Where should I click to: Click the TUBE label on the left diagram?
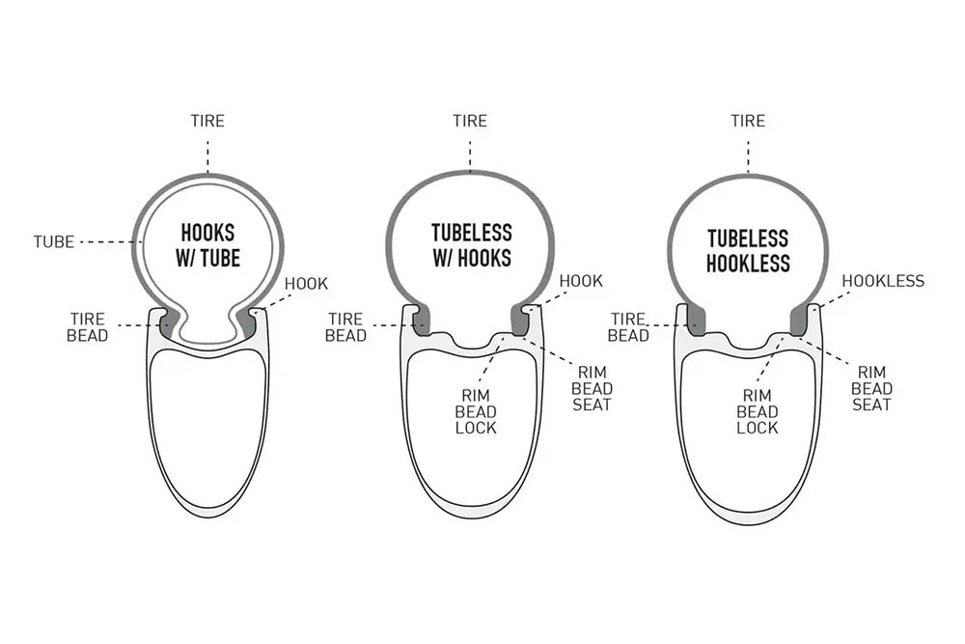53,242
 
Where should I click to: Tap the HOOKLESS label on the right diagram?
883,281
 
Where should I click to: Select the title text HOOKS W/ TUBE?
208,245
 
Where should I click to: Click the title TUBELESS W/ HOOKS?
472,245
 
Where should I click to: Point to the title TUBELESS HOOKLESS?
748,251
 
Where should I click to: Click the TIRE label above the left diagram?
207,121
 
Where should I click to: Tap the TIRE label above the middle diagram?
470,121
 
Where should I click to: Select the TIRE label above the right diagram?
748,121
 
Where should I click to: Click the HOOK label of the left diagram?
306,284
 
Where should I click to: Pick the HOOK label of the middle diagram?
581,281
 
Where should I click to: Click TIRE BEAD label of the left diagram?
88,327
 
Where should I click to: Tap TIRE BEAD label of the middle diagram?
345,327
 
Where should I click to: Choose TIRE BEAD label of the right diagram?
628,327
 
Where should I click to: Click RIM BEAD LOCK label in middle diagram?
476,412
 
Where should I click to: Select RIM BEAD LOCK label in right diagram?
757,412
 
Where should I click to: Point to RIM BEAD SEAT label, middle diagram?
592,388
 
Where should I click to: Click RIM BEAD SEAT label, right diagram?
871,388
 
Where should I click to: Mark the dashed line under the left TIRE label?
208,157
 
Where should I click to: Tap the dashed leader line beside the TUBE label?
106,242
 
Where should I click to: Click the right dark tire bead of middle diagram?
520,321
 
